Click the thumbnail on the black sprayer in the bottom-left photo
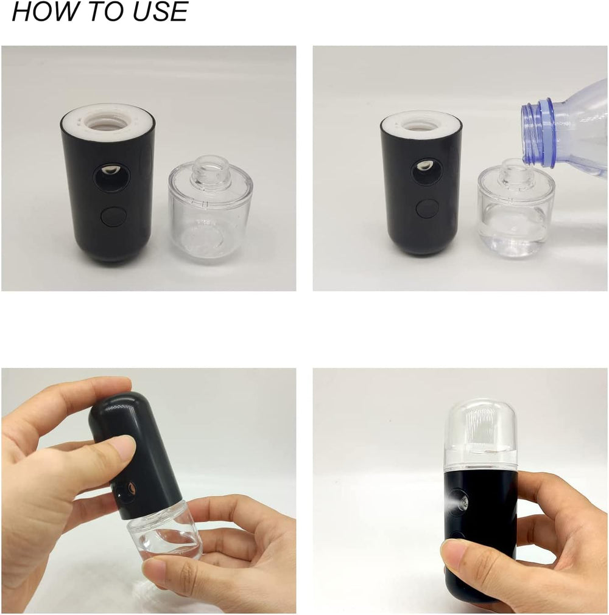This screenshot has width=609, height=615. coord(124,449)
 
